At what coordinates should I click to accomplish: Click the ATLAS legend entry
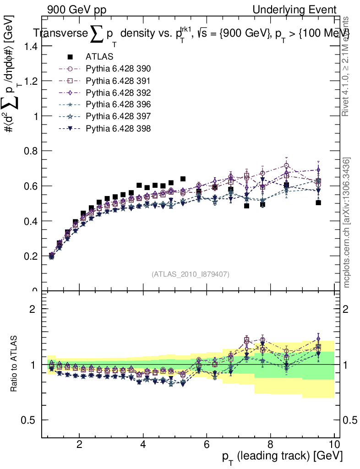tap(99, 57)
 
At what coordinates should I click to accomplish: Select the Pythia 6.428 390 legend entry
tap(118, 69)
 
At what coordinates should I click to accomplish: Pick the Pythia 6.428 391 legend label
tap(118, 81)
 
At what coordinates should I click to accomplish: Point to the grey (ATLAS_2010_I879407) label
tap(191, 274)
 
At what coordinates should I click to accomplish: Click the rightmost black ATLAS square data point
tap(318, 202)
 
